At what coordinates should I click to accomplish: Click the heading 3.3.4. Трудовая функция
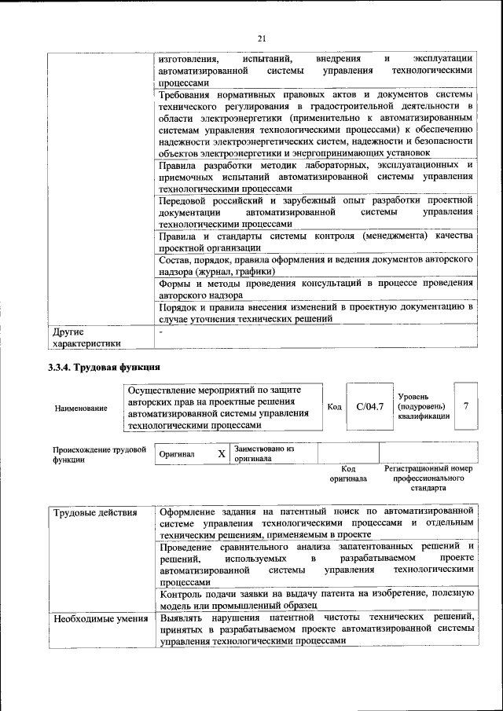[x=105, y=367]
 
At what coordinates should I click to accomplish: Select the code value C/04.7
[x=369, y=406]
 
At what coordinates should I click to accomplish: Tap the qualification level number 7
[x=466, y=405]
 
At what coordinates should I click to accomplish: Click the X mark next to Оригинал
[x=222, y=453]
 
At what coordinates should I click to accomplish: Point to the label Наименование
[x=82, y=408]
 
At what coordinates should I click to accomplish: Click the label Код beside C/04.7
[x=334, y=406]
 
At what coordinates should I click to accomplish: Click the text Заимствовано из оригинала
[x=263, y=453]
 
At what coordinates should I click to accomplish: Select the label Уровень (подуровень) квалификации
[x=424, y=406]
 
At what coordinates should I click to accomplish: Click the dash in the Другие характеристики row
[x=160, y=332]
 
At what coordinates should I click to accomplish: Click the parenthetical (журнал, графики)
[x=226, y=272]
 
